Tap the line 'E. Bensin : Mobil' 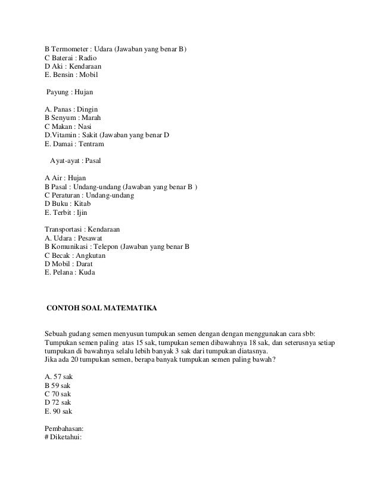(71, 75)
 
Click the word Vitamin (65, 135)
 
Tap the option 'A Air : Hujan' (66, 178)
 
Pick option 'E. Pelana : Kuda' (70, 273)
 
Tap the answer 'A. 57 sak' (58, 377)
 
